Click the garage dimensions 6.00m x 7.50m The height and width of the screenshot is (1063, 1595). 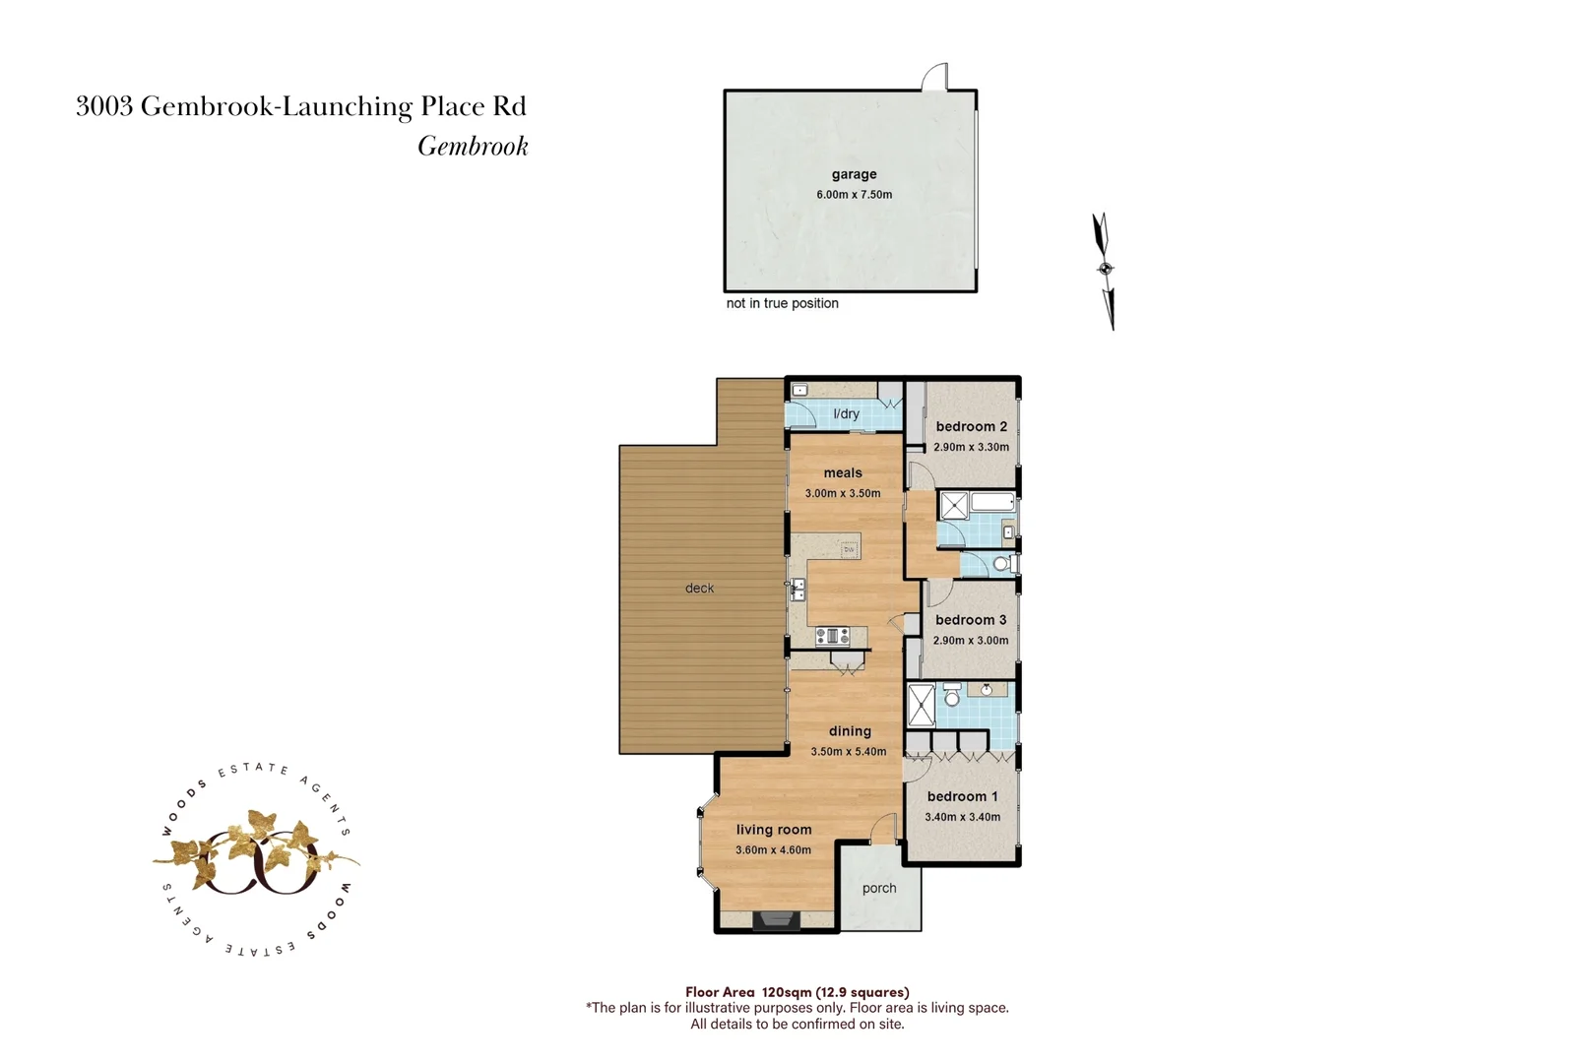pyautogui.click(x=854, y=195)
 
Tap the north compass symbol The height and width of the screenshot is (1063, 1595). pyautogui.click(x=1105, y=269)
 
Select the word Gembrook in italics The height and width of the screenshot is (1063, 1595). pyautogui.click(x=473, y=147)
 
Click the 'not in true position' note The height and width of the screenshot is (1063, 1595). pyautogui.click(x=782, y=303)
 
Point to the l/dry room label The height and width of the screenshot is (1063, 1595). pyautogui.click(x=846, y=414)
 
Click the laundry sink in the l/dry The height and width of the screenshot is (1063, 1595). pyautogui.click(x=800, y=390)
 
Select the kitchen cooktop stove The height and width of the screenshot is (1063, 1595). pyautogui.click(x=832, y=636)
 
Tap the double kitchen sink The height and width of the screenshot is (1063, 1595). pyautogui.click(x=798, y=591)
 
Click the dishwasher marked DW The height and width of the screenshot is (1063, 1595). pyautogui.click(x=849, y=549)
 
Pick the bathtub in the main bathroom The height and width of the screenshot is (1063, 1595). pyautogui.click(x=992, y=503)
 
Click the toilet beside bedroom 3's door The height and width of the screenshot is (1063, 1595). pyautogui.click(x=1001, y=564)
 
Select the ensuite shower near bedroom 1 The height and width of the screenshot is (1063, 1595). pyautogui.click(x=921, y=705)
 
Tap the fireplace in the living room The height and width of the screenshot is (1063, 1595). pyautogui.click(x=775, y=920)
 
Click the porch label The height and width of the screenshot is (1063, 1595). pyautogui.click(x=879, y=888)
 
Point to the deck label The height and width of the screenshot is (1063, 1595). pyautogui.click(x=699, y=589)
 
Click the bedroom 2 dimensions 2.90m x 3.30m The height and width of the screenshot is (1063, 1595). pyautogui.click(x=971, y=447)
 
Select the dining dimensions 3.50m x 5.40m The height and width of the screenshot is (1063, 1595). pyautogui.click(x=848, y=752)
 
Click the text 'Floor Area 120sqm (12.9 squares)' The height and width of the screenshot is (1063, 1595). pyautogui.click(x=797, y=992)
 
